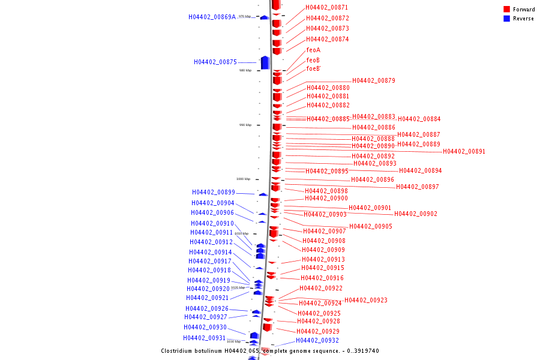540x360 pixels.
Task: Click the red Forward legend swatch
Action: click(x=506, y=10)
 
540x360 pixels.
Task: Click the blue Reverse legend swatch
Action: click(x=506, y=19)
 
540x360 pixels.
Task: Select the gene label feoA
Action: click(x=313, y=50)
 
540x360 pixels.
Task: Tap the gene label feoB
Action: click(x=313, y=60)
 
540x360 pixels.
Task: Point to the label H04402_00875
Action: click(x=215, y=62)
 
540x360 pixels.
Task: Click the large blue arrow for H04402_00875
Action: click(x=265, y=62)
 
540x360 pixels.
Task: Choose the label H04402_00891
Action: click(x=464, y=151)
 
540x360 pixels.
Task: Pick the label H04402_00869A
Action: click(x=212, y=17)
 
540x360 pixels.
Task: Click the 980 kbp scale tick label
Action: click(x=245, y=70)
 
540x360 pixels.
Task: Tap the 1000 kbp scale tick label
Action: click(x=243, y=179)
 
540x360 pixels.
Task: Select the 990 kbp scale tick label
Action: click(x=245, y=125)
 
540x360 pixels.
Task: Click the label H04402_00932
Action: click(x=317, y=340)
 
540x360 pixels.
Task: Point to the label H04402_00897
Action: click(x=418, y=187)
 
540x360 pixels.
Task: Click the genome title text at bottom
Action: click(x=269, y=351)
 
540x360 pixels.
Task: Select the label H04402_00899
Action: click(x=214, y=192)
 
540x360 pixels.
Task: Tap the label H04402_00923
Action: click(x=366, y=300)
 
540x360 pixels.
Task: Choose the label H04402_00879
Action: click(x=374, y=80)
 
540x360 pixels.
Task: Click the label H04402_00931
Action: click(x=205, y=338)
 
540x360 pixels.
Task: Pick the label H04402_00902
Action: click(x=416, y=214)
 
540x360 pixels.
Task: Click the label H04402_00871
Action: click(x=327, y=7)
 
